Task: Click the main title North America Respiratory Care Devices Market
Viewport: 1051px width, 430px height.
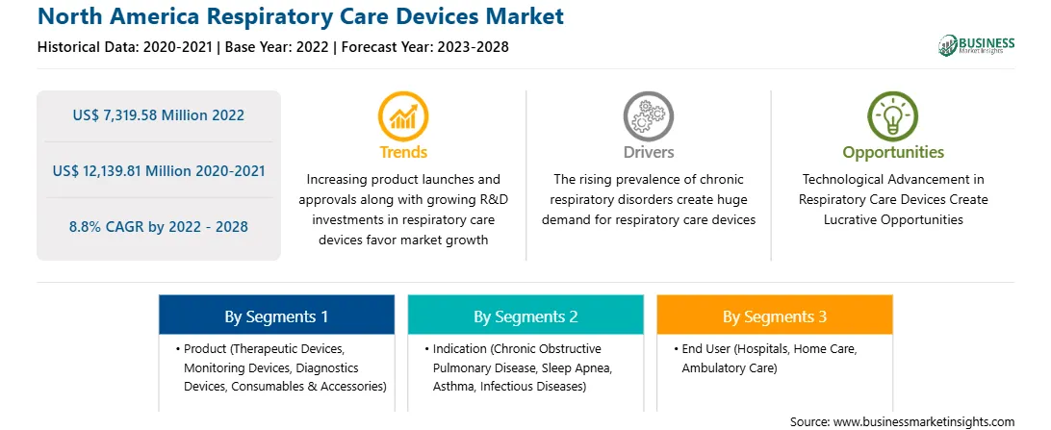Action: point(300,16)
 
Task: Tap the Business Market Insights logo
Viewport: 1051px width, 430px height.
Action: point(977,45)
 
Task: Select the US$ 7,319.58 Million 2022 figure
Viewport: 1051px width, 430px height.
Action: point(158,115)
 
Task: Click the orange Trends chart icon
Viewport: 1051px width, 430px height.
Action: point(403,115)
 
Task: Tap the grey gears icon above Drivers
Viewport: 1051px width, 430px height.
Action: point(648,115)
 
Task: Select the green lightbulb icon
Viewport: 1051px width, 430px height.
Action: point(893,115)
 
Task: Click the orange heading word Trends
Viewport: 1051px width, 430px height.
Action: point(403,152)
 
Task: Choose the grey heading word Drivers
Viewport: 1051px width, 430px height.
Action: point(648,152)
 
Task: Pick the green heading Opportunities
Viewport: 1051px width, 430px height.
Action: point(893,153)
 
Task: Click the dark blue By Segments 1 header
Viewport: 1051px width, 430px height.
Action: point(277,315)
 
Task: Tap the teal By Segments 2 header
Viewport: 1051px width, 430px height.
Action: point(525,315)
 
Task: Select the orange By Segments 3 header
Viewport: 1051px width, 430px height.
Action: point(775,315)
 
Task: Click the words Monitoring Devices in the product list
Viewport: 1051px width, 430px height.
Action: point(235,367)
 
